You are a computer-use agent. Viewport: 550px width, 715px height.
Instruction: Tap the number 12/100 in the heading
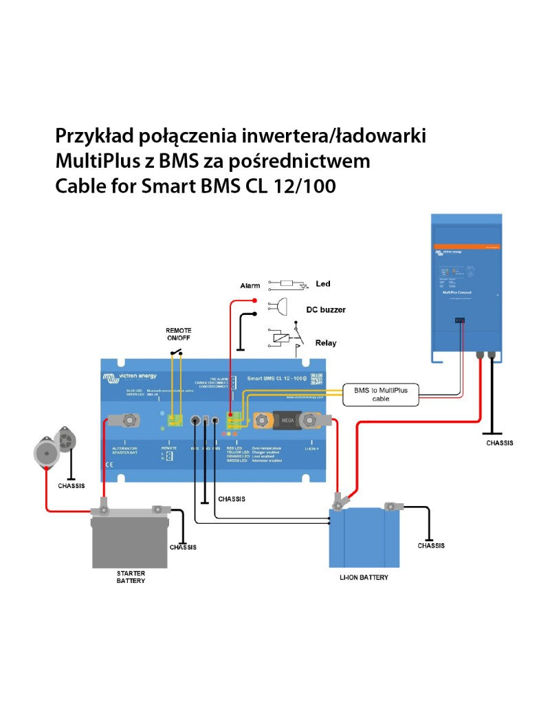click(x=307, y=186)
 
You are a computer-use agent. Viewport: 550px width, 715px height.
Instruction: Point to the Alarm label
click(x=250, y=285)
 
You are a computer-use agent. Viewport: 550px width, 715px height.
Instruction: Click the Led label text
click(x=322, y=284)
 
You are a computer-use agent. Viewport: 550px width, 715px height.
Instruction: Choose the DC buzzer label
click(x=325, y=309)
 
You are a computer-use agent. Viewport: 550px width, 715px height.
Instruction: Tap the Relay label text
click(x=326, y=342)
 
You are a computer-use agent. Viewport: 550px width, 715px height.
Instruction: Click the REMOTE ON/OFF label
click(x=179, y=334)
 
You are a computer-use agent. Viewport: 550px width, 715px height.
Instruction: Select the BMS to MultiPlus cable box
click(x=380, y=395)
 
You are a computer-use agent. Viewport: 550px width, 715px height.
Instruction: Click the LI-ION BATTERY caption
click(x=364, y=577)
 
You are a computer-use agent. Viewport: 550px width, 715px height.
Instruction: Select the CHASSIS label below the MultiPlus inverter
click(x=500, y=443)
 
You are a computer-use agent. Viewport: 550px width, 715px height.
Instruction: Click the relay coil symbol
click(x=278, y=337)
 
